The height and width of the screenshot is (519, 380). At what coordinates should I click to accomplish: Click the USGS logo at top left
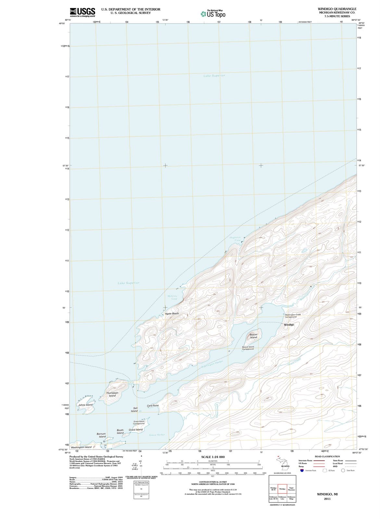coord(82,12)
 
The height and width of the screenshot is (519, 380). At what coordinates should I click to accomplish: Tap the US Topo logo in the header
coord(213,14)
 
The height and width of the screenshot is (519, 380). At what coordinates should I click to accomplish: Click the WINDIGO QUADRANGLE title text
coord(337,9)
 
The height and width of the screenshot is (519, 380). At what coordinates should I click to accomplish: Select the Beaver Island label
coord(253,336)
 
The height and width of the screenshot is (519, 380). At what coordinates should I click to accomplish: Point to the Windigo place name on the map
coord(289,325)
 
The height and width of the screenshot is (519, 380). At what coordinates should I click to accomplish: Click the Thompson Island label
coord(112,394)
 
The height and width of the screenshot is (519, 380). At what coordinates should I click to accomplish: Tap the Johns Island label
coord(85,405)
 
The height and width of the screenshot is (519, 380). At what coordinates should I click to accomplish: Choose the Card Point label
coord(153,406)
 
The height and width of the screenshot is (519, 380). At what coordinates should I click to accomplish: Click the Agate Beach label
coord(172,314)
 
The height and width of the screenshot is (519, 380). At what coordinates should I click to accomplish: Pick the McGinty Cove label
coord(172,297)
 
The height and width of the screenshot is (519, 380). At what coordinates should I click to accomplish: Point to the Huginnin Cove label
coord(235,239)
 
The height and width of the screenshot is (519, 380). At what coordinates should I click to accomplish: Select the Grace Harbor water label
coord(157,435)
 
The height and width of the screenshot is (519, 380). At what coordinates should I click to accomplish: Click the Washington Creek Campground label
coord(293,316)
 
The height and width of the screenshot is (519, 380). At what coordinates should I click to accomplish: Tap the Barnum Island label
coord(101,435)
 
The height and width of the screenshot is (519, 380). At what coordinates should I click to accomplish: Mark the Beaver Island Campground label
coord(248,348)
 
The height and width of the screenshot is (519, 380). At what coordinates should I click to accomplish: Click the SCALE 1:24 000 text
coord(213,457)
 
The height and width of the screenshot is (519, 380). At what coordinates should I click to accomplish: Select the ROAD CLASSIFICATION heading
coord(327,456)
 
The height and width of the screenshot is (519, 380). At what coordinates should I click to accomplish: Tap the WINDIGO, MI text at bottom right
coord(327,494)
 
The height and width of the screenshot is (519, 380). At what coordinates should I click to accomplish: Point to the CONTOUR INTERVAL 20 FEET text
coord(213,482)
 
